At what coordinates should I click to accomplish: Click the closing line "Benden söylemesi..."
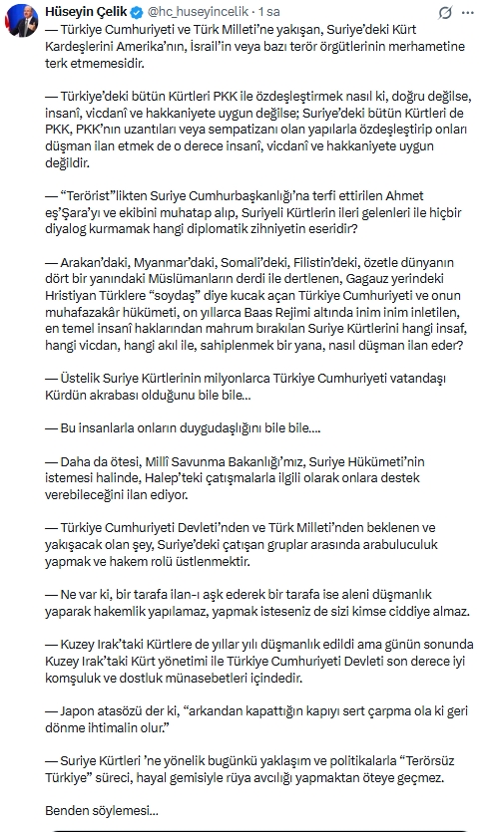pos(102,810)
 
